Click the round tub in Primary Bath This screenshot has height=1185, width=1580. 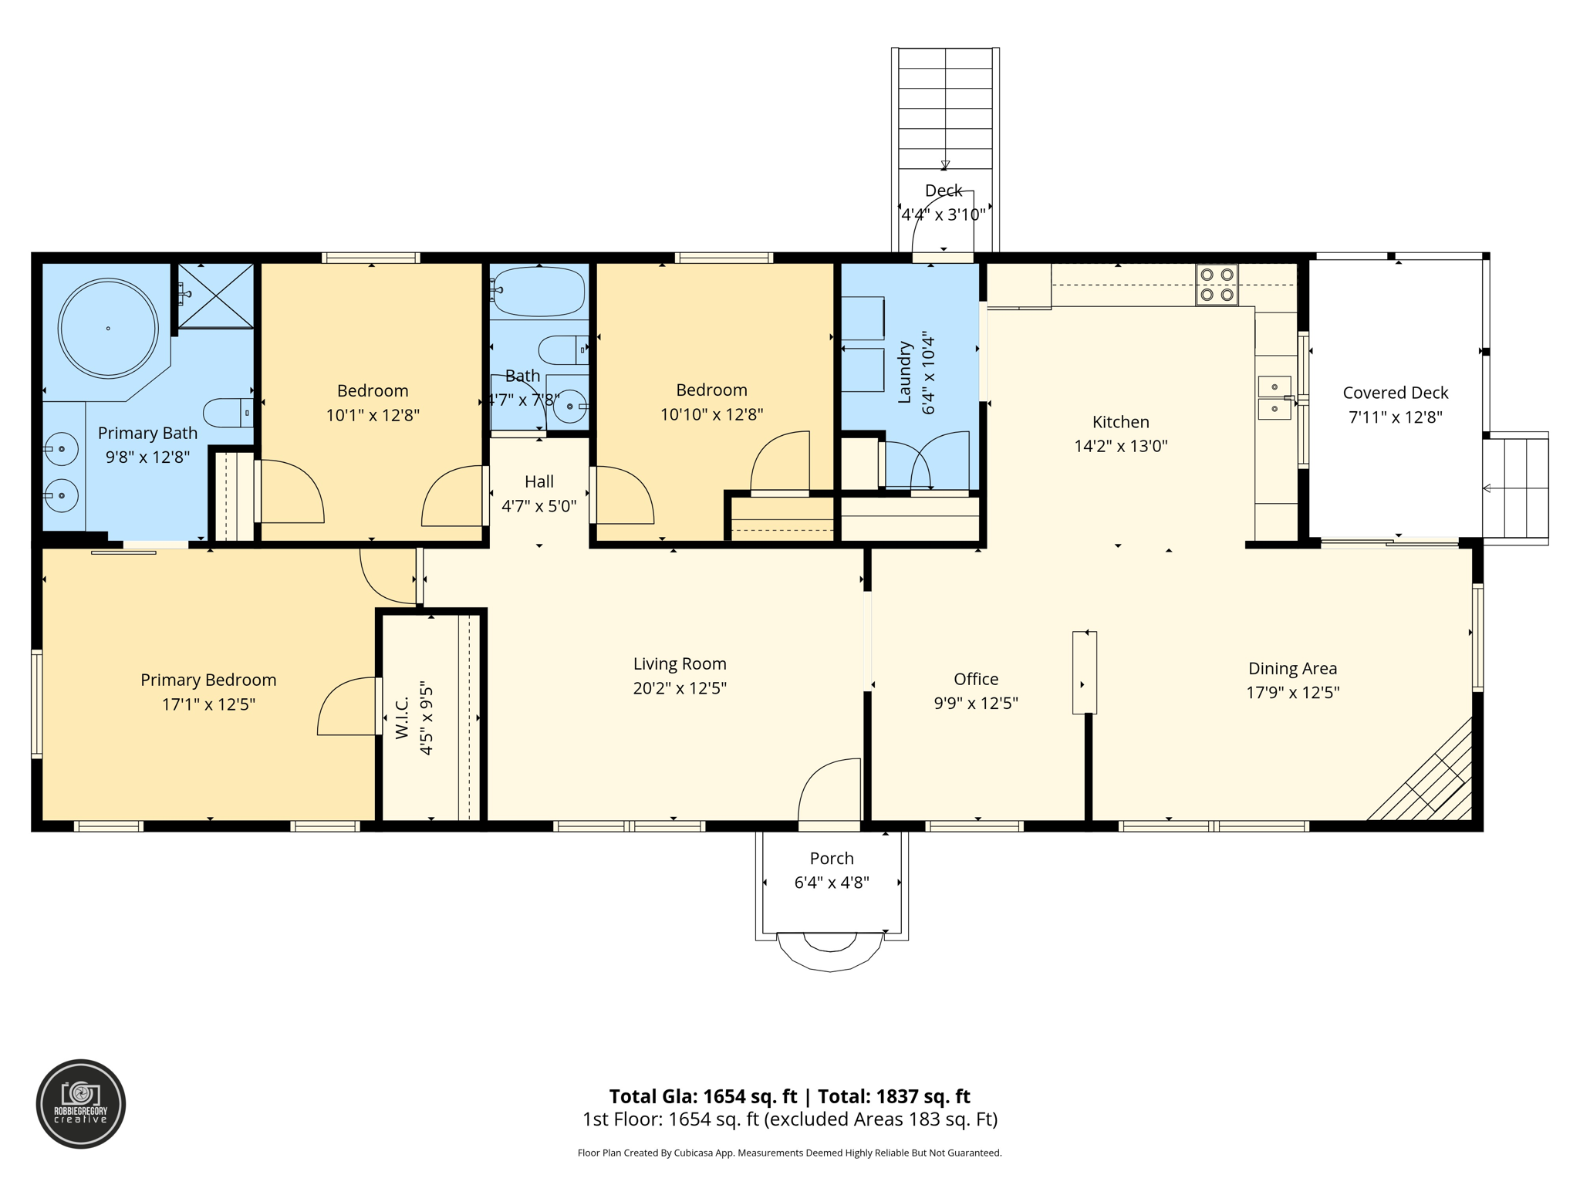coord(108,328)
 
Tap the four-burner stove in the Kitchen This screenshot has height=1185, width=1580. coord(1217,285)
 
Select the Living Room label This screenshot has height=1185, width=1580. coord(680,663)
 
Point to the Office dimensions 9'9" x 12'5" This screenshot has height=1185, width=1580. coord(976,703)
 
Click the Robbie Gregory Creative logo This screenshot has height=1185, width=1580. coord(81,1104)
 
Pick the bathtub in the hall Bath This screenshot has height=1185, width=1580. coord(539,291)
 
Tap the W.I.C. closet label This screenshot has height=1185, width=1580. coord(402,718)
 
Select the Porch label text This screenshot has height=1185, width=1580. coord(832,858)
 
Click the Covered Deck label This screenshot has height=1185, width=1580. coord(1395,393)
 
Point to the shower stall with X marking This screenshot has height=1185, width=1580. coord(216,295)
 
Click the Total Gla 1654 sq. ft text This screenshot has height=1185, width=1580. coord(703,1096)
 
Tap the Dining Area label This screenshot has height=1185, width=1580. coord(1292,668)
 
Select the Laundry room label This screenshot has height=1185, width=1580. coord(905,373)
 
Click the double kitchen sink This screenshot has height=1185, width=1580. coord(1274,398)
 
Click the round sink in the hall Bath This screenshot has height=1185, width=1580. coord(569,407)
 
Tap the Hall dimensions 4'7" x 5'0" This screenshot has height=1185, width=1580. coord(538,506)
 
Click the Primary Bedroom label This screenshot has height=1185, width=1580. coord(208,680)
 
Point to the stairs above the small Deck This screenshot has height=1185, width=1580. coord(945,108)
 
